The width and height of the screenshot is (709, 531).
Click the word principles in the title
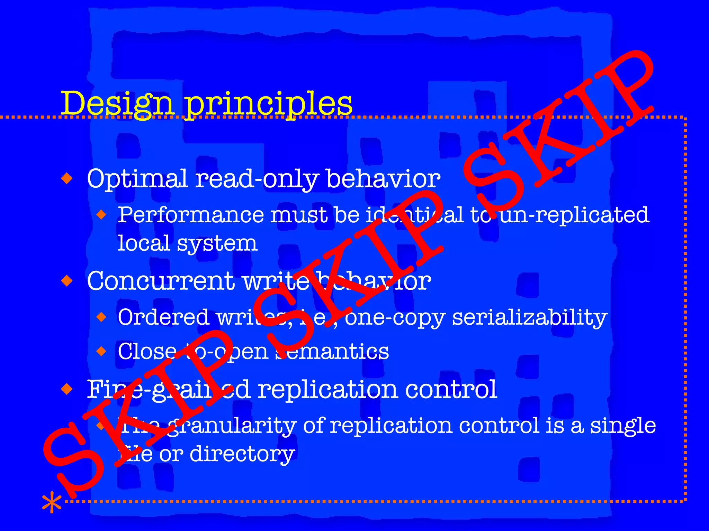268,104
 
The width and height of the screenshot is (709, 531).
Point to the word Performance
190,215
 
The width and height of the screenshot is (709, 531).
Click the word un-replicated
575,215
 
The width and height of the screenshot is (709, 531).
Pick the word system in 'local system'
217,243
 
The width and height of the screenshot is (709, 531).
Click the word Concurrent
161,281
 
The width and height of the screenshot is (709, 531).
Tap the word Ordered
163,317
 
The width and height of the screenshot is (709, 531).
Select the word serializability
530,318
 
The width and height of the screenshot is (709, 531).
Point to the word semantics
332,352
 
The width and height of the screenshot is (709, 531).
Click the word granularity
232,426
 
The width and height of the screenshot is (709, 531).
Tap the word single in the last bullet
623,426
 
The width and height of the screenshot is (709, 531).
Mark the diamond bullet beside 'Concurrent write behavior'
67,280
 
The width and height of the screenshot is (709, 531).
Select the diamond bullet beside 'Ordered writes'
101,317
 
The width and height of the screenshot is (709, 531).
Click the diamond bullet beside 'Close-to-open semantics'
101,351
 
